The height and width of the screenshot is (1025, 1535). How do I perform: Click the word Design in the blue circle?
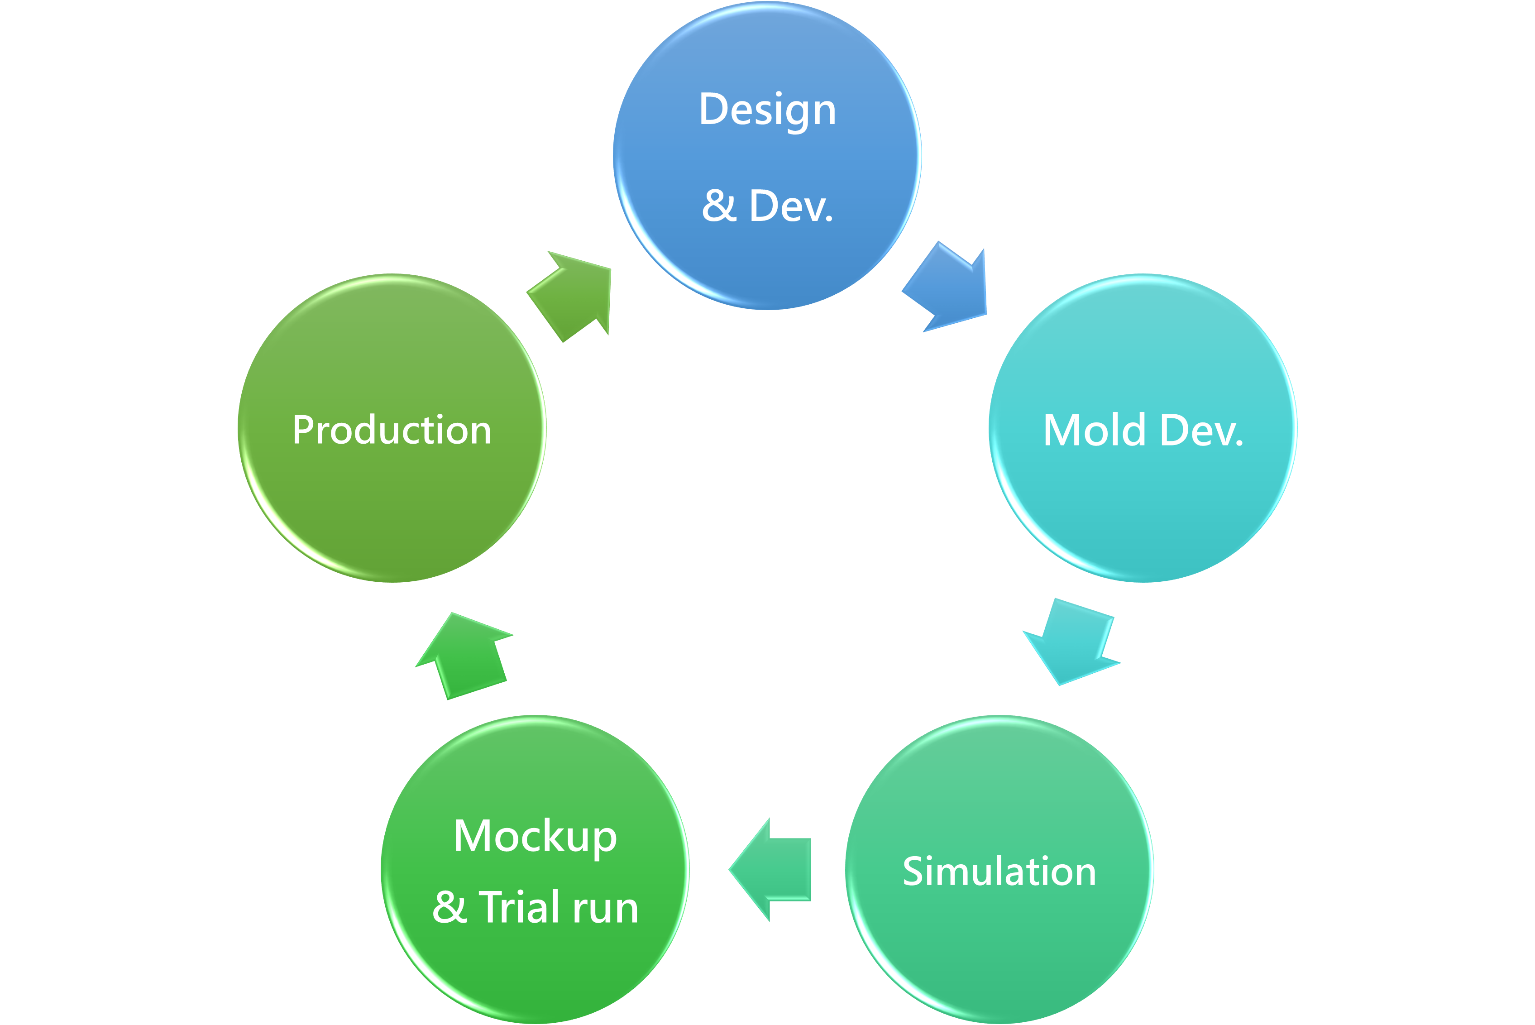(x=767, y=111)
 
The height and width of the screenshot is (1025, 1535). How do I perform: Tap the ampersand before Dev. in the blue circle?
(x=719, y=206)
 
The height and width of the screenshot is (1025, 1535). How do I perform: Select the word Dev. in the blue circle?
(x=791, y=206)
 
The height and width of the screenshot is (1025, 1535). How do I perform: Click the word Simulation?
(x=999, y=872)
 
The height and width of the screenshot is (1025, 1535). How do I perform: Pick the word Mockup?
(x=535, y=838)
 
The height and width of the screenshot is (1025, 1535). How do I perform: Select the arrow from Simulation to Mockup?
(x=770, y=869)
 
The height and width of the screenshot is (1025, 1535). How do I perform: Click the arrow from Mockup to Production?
(x=464, y=655)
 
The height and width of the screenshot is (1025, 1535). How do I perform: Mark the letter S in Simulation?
(x=913, y=872)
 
